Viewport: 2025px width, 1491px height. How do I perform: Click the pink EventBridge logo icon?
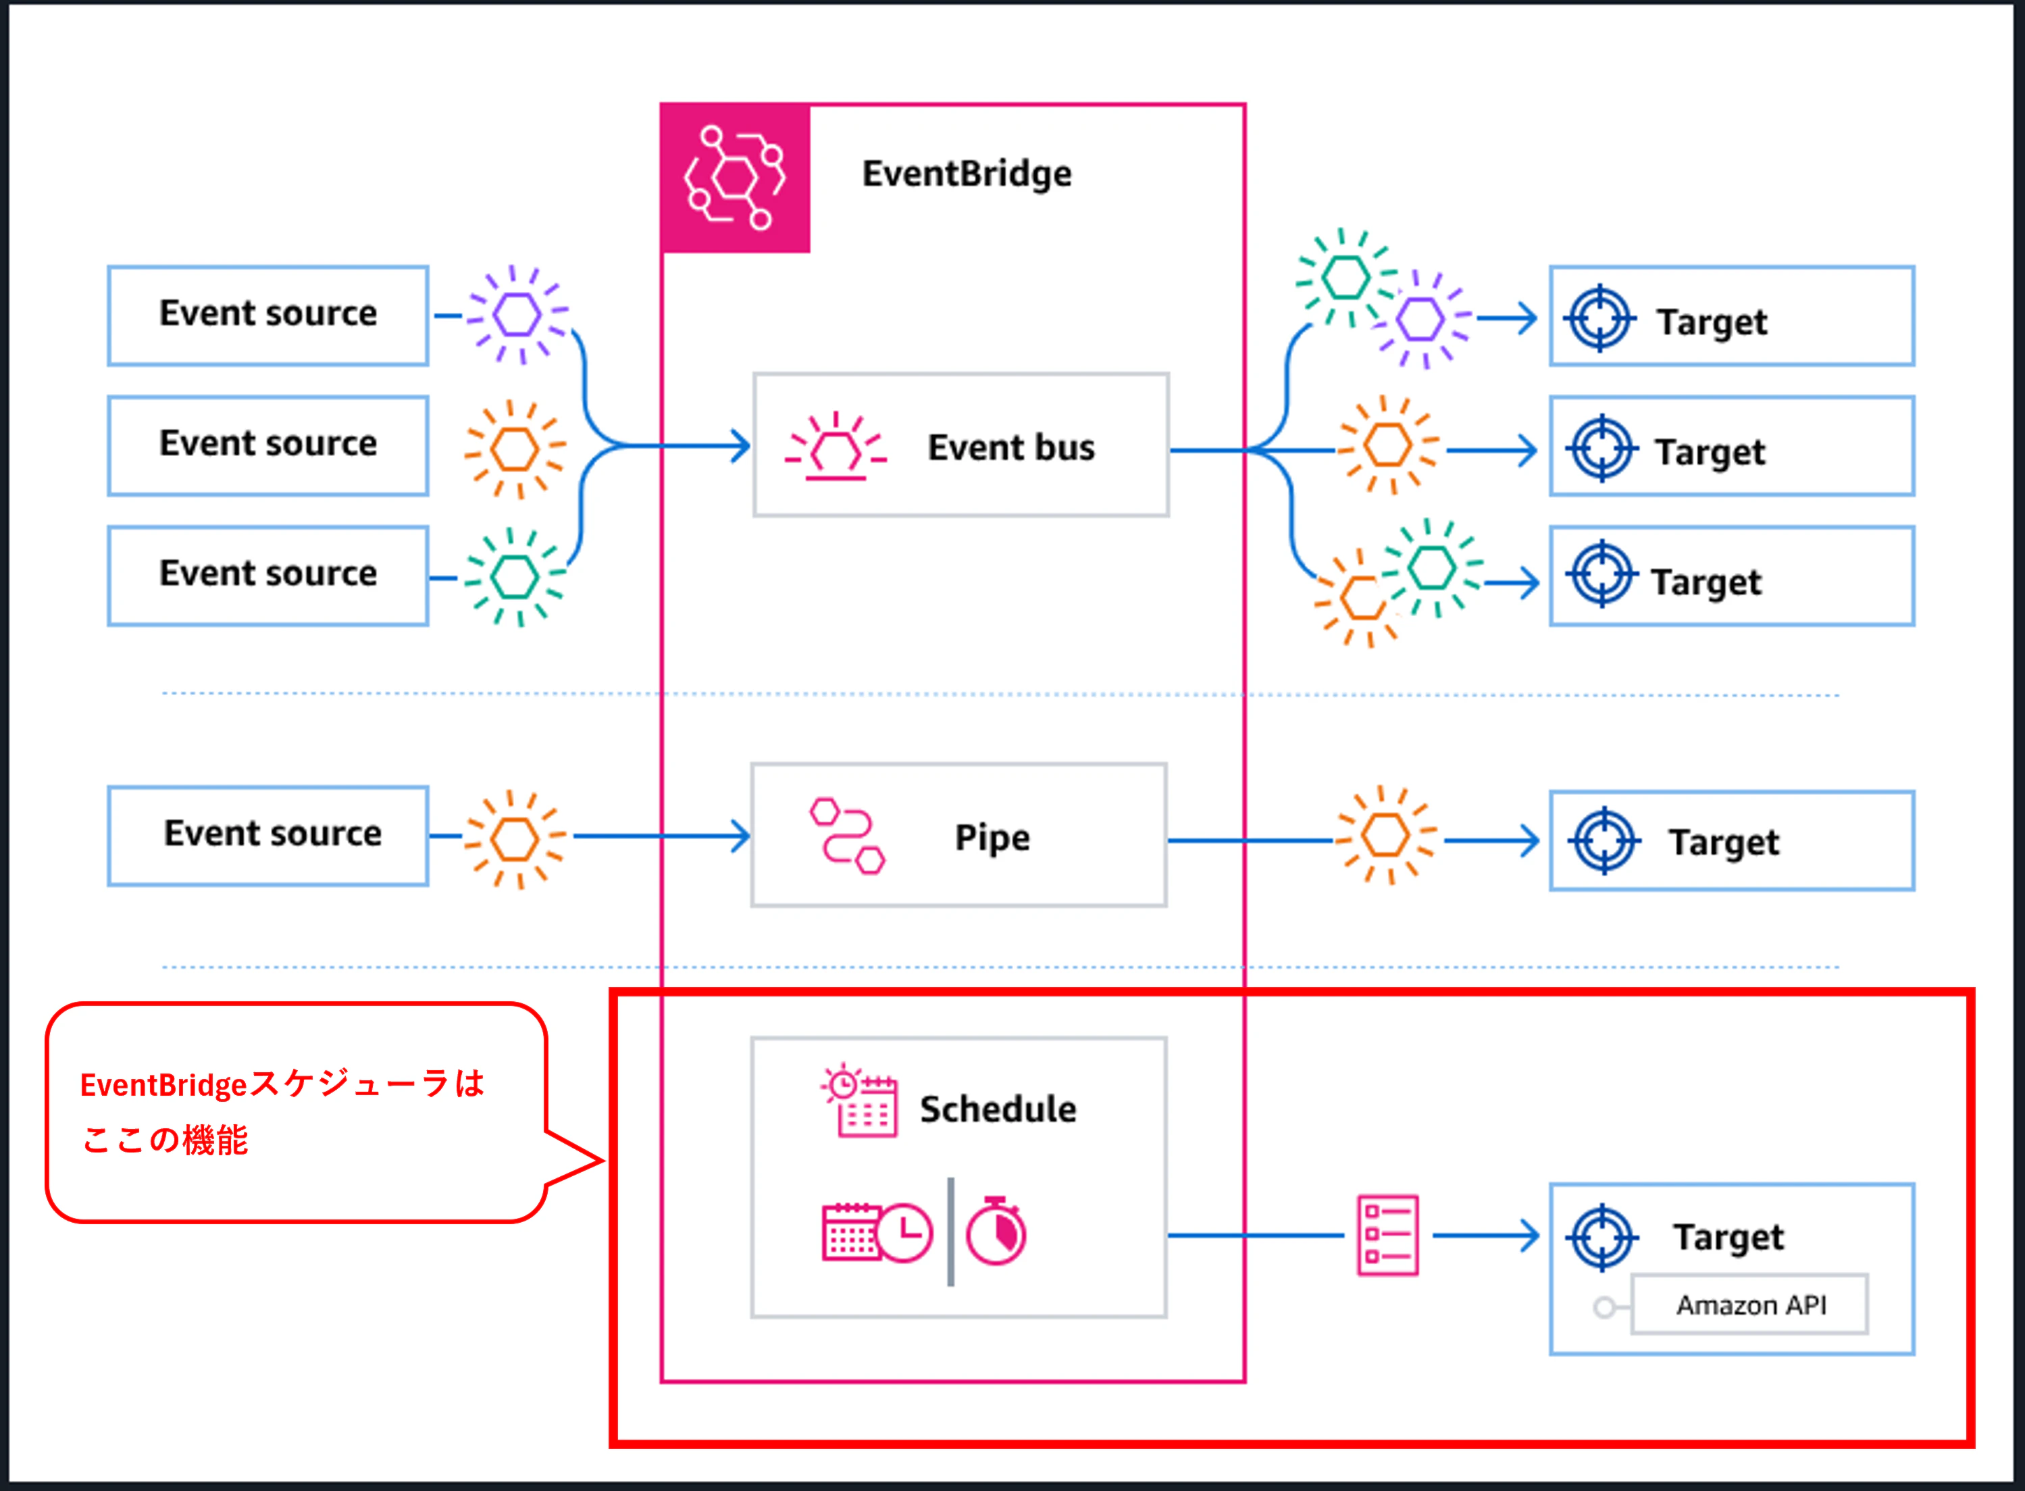pyautogui.click(x=736, y=178)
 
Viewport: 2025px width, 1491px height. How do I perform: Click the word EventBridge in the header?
pyautogui.click(x=967, y=174)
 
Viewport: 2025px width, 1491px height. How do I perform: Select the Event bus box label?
pyautogui.click(x=1010, y=448)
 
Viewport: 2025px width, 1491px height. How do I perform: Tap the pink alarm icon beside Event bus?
pyautogui.click(x=836, y=446)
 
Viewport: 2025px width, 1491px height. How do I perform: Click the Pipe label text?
pyautogui.click(x=992, y=838)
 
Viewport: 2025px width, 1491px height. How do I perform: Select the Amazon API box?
pyautogui.click(x=1750, y=1304)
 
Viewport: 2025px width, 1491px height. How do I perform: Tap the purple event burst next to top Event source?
pyautogui.click(x=517, y=315)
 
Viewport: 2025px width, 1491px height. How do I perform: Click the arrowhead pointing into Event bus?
pyautogui.click(x=741, y=446)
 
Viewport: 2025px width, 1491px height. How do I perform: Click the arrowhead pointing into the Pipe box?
pyautogui.click(x=741, y=836)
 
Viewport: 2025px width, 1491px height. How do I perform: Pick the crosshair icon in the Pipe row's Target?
pyautogui.click(x=1604, y=841)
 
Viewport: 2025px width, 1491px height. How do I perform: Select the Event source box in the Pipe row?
pyautogui.click(x=268, y=836)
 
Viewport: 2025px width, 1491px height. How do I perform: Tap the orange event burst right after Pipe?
pyautogui.click(x=1386, y=836)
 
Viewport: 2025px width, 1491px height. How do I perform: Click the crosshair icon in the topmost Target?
pyautogui.click(x=1600, y=319)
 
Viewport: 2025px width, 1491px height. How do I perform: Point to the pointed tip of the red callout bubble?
pyautogui.click(x=603, y=1161)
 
